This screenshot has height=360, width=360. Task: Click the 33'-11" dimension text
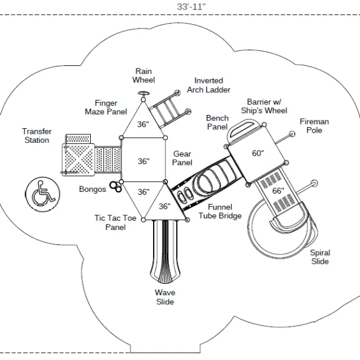[191, 7]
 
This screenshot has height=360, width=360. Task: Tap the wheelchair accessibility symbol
[42, 194]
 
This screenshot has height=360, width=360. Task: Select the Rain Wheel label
[143, 76]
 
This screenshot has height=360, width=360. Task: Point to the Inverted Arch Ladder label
[209, 85]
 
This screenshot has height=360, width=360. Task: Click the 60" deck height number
[258, 153]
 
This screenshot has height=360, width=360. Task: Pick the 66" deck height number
[278, 191]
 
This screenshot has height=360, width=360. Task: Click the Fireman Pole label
[314, 126]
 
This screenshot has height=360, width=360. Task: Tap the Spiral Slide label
[320, 257]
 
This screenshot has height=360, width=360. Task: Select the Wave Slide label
[165, 297]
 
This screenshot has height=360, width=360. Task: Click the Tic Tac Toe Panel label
[116, 223]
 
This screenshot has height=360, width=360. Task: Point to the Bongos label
[93, 189]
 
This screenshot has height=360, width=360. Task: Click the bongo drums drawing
[116, 186]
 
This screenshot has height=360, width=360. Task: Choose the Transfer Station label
[37, 136]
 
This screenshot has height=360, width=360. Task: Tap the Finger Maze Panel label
[106, 108]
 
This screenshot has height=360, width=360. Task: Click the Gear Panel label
[182, 158]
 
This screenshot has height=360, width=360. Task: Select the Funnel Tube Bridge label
[220, 211]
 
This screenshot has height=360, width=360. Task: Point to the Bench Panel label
[217, 122]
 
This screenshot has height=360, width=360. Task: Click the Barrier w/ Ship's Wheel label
[264, 106]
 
